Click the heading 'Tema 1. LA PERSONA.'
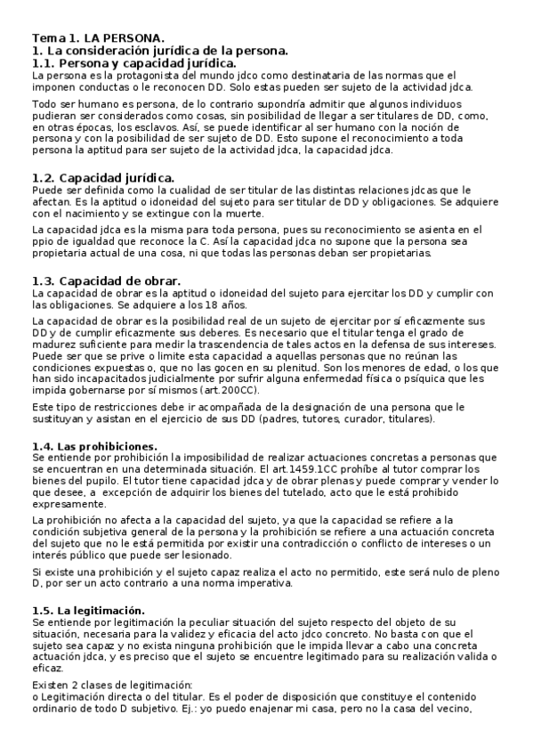coord(98,38)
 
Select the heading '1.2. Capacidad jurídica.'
coord(102,179)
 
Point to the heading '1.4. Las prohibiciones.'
coord(93,445)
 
